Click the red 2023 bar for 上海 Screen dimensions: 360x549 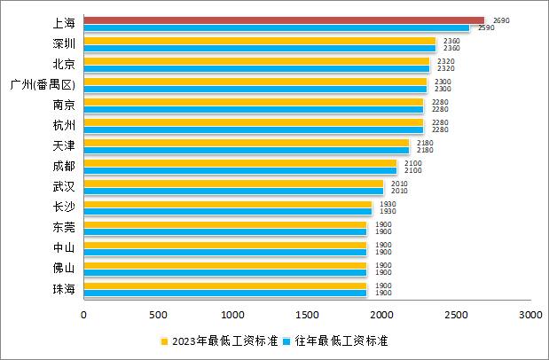click(284, 20)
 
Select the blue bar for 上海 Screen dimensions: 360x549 click(277, 27)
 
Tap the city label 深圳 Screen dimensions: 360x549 click(64, 43)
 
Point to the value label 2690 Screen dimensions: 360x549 click(501, 20)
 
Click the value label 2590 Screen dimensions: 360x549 click(486, 27)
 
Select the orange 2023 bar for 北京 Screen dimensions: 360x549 click(256, 60)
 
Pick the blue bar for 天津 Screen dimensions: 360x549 click(247, 150)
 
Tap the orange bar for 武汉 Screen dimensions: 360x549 click(233, 184)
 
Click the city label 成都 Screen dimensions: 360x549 click(64, 166)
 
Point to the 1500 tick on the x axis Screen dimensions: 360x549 click(308, 315)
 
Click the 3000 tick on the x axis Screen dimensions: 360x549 click(530, 315)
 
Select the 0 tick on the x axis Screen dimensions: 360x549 click(84, 315)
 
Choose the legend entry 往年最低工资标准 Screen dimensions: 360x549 click(341, 340)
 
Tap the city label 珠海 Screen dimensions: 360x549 click(64, 289)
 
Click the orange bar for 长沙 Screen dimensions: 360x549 click(228, 204)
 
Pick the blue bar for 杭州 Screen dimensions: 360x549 click(254, 129)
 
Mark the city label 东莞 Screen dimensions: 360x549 click(64, 228)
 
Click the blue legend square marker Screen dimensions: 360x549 click(288, 340)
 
